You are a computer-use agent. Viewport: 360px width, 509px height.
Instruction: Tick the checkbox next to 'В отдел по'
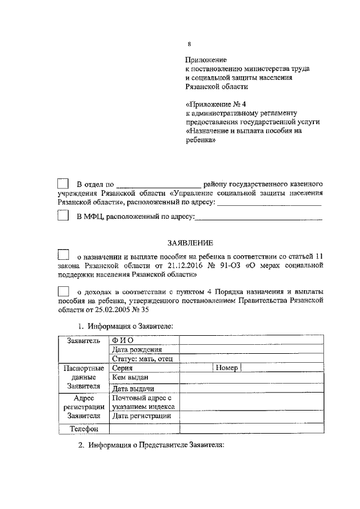[63, 184]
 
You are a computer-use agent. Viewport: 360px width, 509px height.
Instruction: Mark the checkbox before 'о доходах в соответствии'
[63, 291]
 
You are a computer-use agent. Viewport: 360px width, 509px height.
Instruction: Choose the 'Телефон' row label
[84, 429]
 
